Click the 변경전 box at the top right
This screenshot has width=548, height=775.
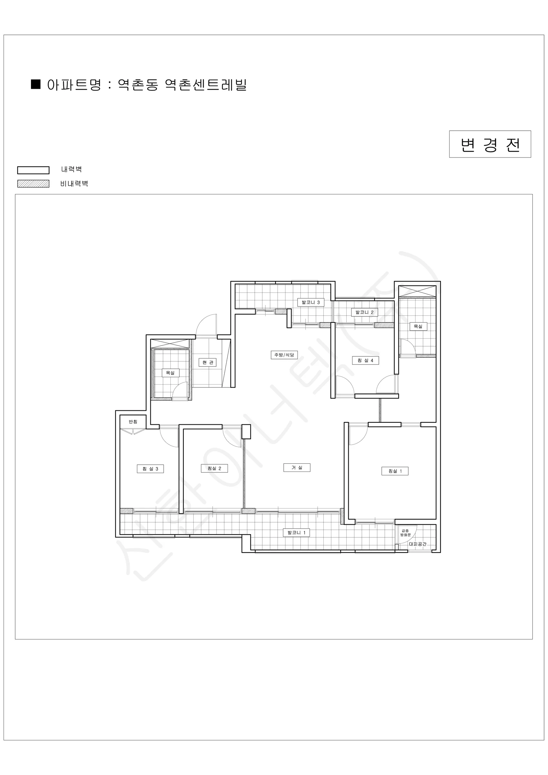click(x=490, y=144)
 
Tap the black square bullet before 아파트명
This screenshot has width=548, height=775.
click(x=36, y=84)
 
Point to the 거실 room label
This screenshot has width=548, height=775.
click(x=297, y=468)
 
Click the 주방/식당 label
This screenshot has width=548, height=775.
click(x=284, y=355)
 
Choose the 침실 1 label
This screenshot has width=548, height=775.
click(x=395, y=471)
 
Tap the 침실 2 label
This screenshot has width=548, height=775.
click(x=214, y=468)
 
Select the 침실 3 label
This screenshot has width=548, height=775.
click(x=150, y=469)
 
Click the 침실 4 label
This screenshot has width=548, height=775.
click(x=365, y=360)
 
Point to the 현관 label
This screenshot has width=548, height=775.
click(x=208, y=362)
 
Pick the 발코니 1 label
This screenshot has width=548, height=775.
click(x=296, y=532)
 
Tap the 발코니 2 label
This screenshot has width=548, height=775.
click(x=364, y=312)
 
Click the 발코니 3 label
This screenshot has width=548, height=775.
click(x=311, y=302)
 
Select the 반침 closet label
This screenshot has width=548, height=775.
click(x=133, y=422)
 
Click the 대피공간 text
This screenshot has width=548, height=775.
click(x=418, y=544)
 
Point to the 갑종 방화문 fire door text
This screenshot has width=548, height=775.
click(x=405, y=532)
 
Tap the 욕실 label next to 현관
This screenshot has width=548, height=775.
click(x=170, y=373)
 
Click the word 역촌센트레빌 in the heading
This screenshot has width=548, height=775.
click(x=206, y=84)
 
